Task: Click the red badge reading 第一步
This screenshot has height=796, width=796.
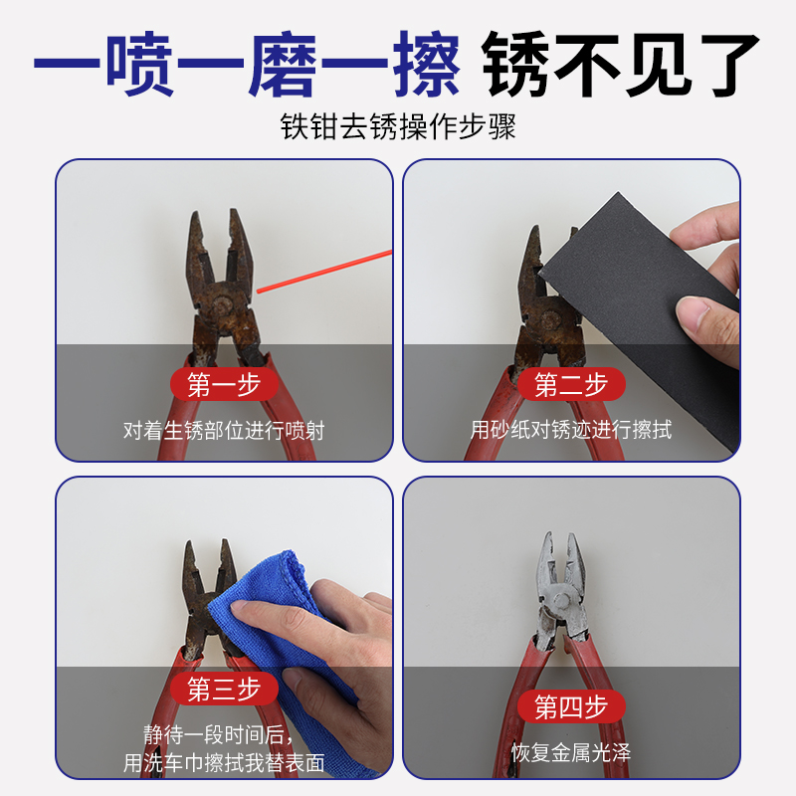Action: (224, 385)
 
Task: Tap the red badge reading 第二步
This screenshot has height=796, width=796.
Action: (571, 385)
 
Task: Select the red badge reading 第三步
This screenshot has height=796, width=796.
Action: (224, 689)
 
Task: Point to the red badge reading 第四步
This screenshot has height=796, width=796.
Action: (571, 707)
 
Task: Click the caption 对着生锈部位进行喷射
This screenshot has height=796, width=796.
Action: (224, 431)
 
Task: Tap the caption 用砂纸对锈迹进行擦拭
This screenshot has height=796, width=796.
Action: (571, 430)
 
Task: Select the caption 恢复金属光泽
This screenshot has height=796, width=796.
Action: (571, 752)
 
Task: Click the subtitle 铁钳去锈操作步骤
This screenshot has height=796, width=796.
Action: (398, 128)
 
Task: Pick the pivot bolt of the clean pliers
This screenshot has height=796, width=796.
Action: (558, 600)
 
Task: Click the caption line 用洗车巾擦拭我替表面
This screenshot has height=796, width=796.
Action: (224, 764)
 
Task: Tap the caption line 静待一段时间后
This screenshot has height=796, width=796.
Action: (224, 736)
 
